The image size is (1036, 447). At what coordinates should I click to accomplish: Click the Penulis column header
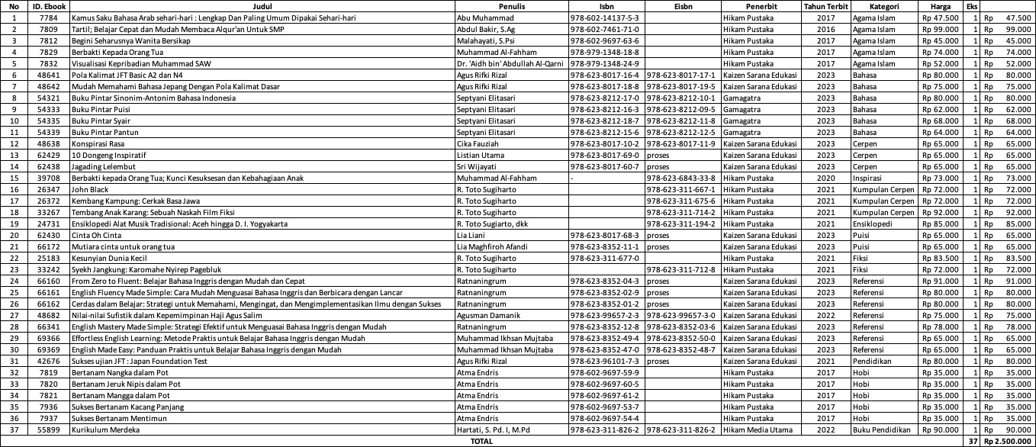tap(510, 6)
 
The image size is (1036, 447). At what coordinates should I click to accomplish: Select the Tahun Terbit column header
tap(825, 6)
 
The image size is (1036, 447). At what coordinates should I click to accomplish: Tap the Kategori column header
tap(883, 6)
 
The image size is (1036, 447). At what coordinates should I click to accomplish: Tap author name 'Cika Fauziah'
tap(478, 143)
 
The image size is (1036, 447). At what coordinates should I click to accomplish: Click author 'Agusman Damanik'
tap(484, 315)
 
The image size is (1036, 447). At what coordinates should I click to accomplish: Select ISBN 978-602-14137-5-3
tap(604, 18)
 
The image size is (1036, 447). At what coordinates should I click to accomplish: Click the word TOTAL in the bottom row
tap(481, 441)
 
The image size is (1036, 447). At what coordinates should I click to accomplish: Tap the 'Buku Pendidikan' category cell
tap(883, 429)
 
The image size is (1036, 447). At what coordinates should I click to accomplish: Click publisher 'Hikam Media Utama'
tap(759, 429)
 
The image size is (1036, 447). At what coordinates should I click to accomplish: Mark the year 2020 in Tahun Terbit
tap(825, 178)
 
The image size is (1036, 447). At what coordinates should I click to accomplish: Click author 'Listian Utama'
tap(479, 155)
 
